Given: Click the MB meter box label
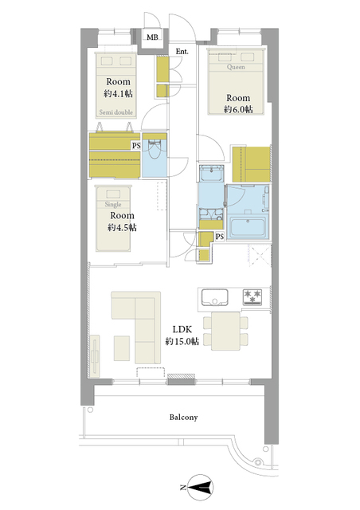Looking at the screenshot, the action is [152, 37].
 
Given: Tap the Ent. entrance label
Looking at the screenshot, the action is [182, 51].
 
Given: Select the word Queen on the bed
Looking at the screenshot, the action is [236, 67].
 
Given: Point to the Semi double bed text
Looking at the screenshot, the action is [116, 112].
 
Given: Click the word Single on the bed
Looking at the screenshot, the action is [113, 204].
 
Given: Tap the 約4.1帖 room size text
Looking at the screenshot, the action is [118, 94].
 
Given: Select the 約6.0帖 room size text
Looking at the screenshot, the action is [238, 109].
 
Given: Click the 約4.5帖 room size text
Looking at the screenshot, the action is [123, 227].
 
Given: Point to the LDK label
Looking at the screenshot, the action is [182, 329].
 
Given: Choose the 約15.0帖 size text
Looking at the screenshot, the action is [182, 341].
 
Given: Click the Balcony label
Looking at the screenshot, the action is [183, 417].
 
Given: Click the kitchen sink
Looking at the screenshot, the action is [214, 297].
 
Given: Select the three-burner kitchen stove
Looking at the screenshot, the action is [252, 296].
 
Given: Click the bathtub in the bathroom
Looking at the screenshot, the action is [248, 226].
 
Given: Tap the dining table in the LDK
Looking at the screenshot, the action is [225, 331].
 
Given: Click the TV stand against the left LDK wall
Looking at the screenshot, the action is [95, 356].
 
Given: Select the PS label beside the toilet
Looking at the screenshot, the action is [136, 146].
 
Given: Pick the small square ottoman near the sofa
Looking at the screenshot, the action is [122, 348].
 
